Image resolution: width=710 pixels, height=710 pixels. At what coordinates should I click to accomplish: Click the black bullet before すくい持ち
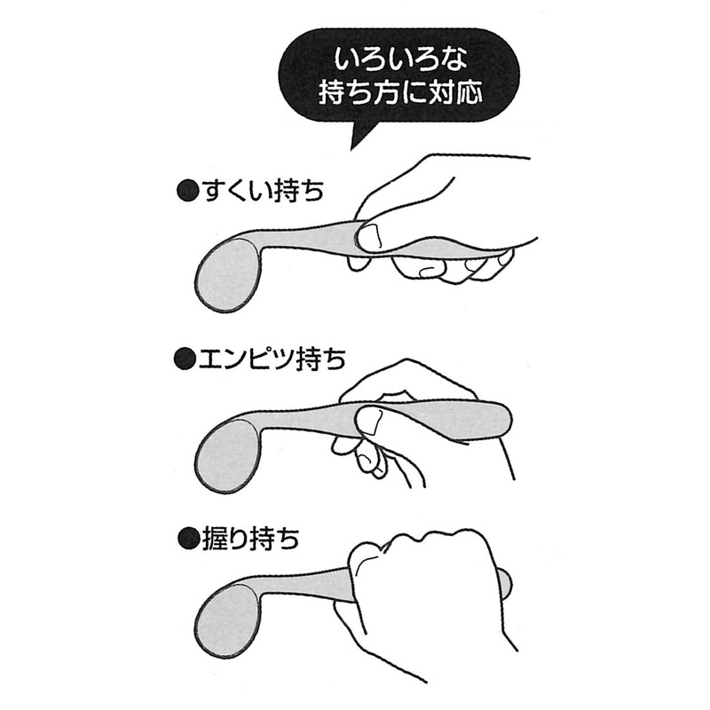pyautogui.click(x=185, y=191)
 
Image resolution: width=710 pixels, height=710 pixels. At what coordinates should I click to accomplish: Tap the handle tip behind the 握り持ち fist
pyautogui.click(x=506, y=581)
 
